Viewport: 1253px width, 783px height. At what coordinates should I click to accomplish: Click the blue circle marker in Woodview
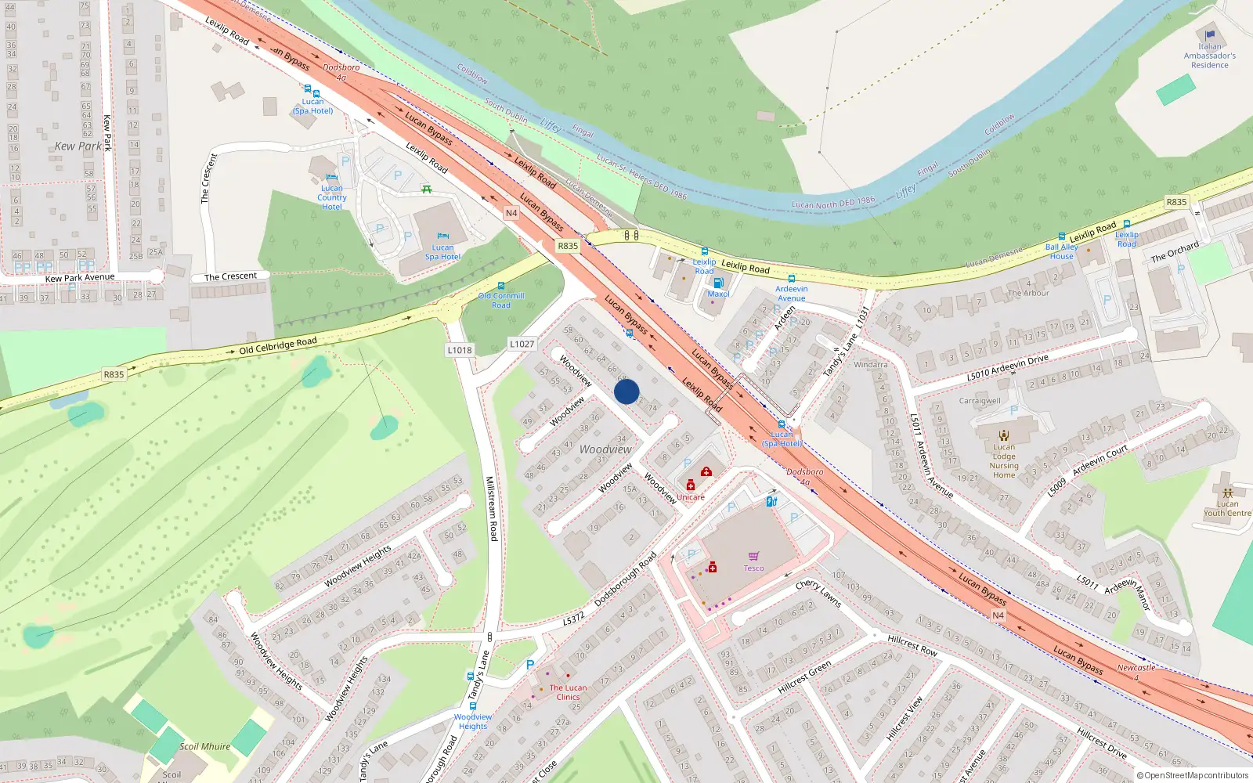point(626,391)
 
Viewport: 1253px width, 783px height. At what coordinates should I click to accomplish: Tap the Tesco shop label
point(753,568)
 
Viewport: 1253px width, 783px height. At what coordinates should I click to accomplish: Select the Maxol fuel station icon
point(717,283)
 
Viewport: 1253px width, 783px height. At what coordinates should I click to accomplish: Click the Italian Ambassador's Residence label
point(1209,56)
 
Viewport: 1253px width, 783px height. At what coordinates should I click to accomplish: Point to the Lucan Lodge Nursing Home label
point(1004,461)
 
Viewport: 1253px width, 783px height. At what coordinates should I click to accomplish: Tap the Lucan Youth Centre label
point(1227,509)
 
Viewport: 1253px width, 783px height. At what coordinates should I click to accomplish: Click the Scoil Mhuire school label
point(205,747)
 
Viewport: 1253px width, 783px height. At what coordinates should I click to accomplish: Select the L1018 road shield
point(460,350)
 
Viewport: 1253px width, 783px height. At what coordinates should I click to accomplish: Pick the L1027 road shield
point(522,344)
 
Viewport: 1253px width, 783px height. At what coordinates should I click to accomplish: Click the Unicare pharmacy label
point(690,497)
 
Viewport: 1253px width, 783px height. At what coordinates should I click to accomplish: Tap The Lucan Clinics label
point(568,692)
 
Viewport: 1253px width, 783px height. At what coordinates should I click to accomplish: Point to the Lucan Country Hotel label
point(331,197)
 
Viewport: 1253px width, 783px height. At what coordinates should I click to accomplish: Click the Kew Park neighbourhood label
point(78,146)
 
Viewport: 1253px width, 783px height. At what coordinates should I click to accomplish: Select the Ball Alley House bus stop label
point(1061,251)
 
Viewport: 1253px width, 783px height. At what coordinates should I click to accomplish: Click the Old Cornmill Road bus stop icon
point(501,287)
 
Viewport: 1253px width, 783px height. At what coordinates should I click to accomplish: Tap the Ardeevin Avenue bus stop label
point(791,294)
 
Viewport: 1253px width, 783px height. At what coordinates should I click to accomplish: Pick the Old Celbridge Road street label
point(278,345)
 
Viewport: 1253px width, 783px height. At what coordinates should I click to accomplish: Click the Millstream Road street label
point(491,508)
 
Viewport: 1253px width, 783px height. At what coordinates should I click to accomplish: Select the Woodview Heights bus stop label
point(472,721)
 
